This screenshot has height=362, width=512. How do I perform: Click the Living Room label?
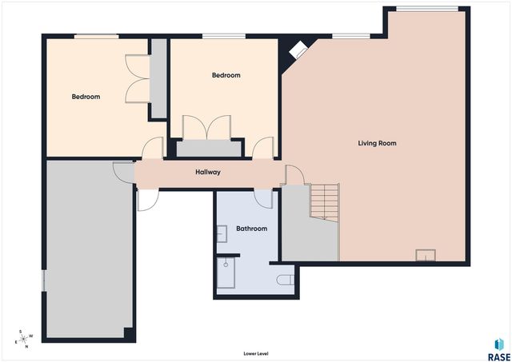click(x=377, y=144)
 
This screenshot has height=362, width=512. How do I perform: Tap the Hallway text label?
click(x=208, y=172)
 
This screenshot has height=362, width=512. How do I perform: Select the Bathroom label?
click(x=251, y=229)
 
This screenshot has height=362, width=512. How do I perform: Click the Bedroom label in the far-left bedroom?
click(x=86, y=97)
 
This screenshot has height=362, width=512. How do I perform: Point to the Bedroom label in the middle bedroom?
click(x=226, y=75)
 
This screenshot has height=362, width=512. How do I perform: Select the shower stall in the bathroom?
click(x=227, y=273)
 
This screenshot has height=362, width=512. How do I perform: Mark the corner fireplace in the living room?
click(x=298, y=50)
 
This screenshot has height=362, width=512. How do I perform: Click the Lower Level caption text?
click(x=255, y=352)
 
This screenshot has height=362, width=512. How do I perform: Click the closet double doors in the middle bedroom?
click(x=207, y=128)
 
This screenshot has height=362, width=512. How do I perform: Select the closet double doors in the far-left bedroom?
click(x=138, y=75)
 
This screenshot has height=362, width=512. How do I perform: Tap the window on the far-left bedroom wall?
click(x=96, y=36)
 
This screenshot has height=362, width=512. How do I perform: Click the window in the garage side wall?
click(x=44, y=280)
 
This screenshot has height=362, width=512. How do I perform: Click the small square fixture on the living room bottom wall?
click(x=426, y=256)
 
